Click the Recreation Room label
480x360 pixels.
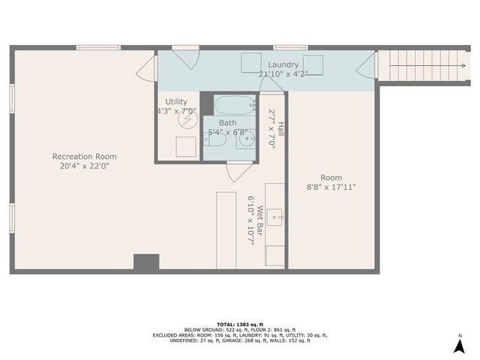coord(84,157)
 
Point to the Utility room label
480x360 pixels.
coord(176,101)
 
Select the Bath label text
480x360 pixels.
coord(228,123)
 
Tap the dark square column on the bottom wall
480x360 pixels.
coord(146,262)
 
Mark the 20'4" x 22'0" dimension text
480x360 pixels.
coord(84,166)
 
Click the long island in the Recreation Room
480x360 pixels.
coord(226,229)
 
